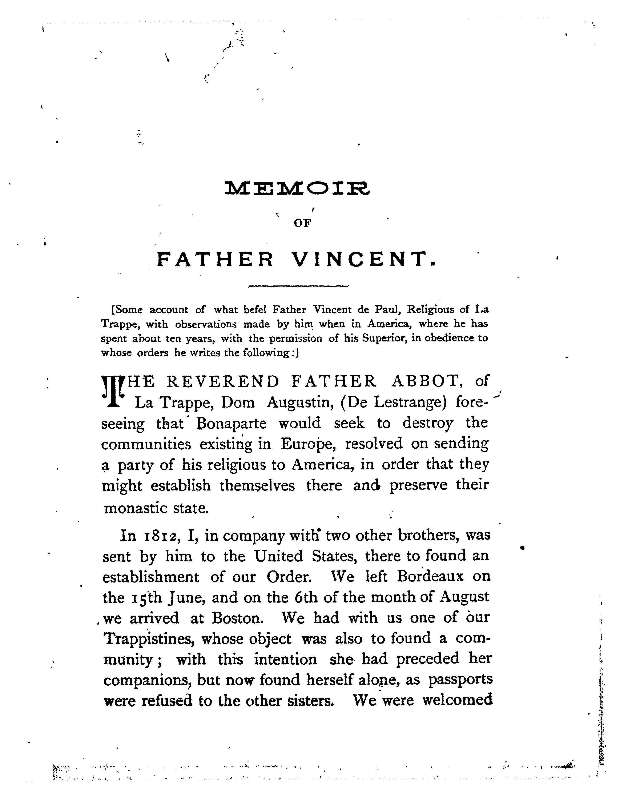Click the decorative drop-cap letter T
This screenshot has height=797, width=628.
[x=113, y=391]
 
